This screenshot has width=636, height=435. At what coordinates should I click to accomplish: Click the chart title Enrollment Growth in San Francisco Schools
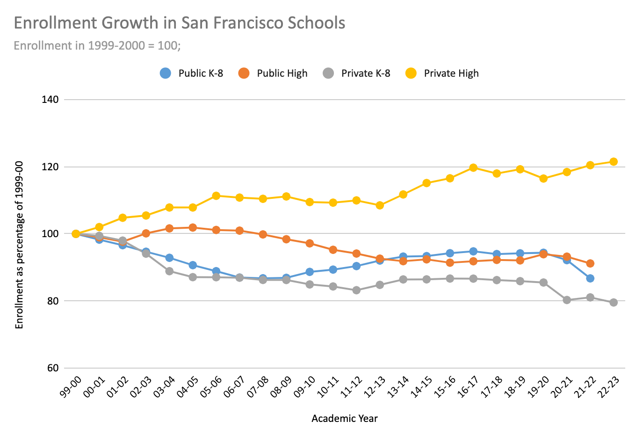[x=179, y=23]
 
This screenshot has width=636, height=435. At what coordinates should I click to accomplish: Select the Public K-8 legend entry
[x=192, y=73]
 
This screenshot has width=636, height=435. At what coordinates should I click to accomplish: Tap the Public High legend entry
[x=273, y=73]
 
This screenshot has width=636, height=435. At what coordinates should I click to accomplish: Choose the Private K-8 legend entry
[x=356, y=73]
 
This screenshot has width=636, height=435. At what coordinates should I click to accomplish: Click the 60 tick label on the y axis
[x=52, y=368]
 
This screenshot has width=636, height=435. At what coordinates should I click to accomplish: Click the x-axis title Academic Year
[x=345, y=419]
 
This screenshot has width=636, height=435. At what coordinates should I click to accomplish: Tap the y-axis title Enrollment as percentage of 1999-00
[x=19, y=245]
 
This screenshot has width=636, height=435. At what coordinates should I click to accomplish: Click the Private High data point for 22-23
[x=614, y=162]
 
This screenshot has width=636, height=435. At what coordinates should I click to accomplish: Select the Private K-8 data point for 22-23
[x=614, y=303]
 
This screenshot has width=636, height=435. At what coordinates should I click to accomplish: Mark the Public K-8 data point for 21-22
[x=590, y=278]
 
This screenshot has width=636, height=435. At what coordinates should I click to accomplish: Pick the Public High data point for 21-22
[x=590, y=263]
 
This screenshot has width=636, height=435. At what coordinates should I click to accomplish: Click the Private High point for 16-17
[x=473, y=167]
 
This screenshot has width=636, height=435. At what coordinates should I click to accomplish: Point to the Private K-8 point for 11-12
[x=356, y=290]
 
